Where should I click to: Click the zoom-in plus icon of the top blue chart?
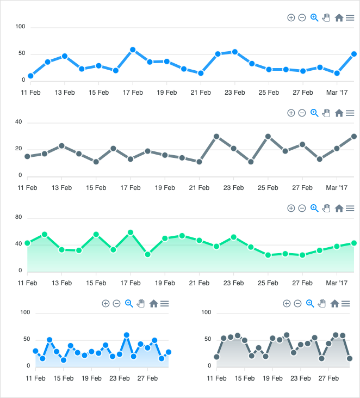[x=291, y=18]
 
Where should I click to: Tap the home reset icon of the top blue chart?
[x=339, y=18]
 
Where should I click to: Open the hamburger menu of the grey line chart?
[x=350, y=113]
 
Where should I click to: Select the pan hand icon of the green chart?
[x=326, y=208]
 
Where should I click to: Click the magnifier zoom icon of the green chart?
[x=314, y=208]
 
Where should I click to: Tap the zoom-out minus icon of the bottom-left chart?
[x=116, y=303]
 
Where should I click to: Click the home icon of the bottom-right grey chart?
[x=334, y=303]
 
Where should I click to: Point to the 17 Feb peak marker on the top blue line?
[x=133, y=50]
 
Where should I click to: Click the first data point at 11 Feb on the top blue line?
[x=30, y=76]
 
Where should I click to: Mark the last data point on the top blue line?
[x=354, y=54]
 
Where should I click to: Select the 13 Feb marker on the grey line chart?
[x=61, y=146]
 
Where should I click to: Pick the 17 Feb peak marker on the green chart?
[x=131, y=232]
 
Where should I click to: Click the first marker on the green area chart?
[x=27, y=243]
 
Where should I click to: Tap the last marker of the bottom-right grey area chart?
[x=350, y=358]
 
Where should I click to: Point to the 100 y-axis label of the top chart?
[x=21, y=27]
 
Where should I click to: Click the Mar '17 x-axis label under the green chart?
[x=336, y=283]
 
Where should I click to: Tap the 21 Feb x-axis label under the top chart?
[x=201, y=93]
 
